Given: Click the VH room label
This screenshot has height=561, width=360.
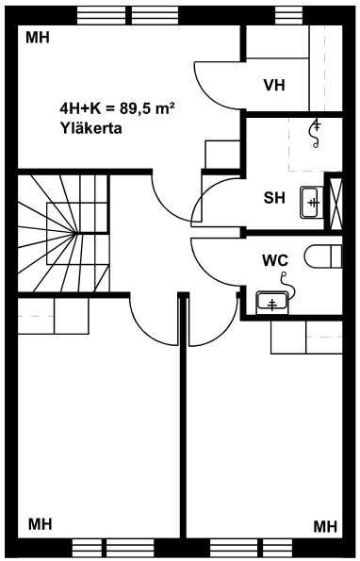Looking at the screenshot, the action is click(x=274, y=86).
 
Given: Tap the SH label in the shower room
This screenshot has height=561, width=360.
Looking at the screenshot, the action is click(x=274, y=197).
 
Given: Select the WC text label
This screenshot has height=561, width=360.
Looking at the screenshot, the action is click(x=275, y=260).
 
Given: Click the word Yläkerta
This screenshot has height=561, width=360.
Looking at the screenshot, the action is click(x=90, y=128).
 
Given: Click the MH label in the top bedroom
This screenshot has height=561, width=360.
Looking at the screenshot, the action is click(x=38, y=37).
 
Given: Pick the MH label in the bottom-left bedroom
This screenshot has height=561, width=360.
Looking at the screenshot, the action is click(x=40, y=524).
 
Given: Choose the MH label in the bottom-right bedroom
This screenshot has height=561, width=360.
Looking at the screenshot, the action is click(x=325, y=527).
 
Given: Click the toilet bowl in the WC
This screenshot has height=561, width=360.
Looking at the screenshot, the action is click(x=323, y=256).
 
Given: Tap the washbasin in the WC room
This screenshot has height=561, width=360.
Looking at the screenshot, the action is click(x=272, y=304).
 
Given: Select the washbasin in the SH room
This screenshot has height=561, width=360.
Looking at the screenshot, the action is click(x=312, y=203).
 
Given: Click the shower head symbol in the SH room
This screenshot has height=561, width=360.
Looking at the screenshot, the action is click(x=316, y=133).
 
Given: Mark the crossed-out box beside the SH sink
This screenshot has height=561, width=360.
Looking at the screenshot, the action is click(x=335, y=203).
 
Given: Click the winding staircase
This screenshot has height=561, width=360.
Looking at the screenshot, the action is click(x=63, y=233).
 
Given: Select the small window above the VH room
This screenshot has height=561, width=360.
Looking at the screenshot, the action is click(x=289, y=15).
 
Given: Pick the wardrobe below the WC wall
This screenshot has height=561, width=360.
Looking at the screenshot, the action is click(x=306, y=337).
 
